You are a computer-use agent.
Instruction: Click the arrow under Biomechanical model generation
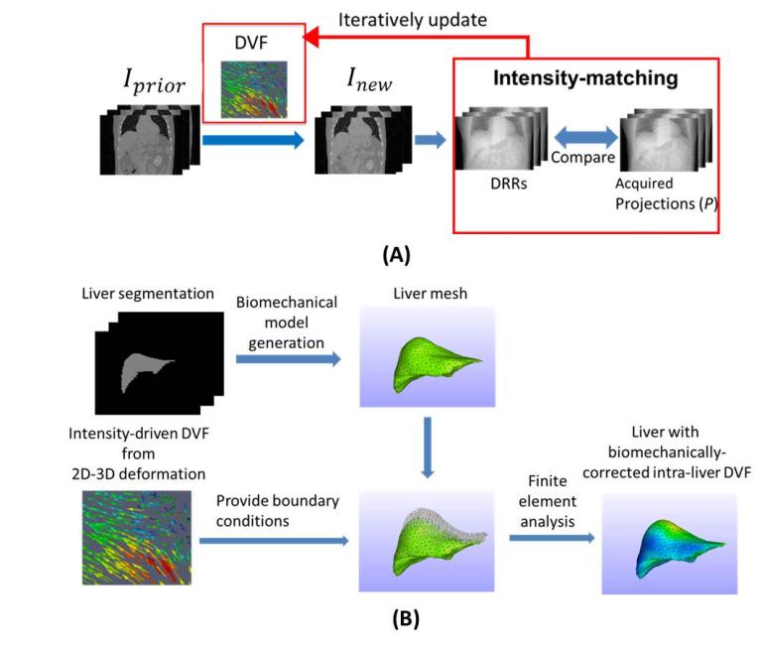(285, 359)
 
